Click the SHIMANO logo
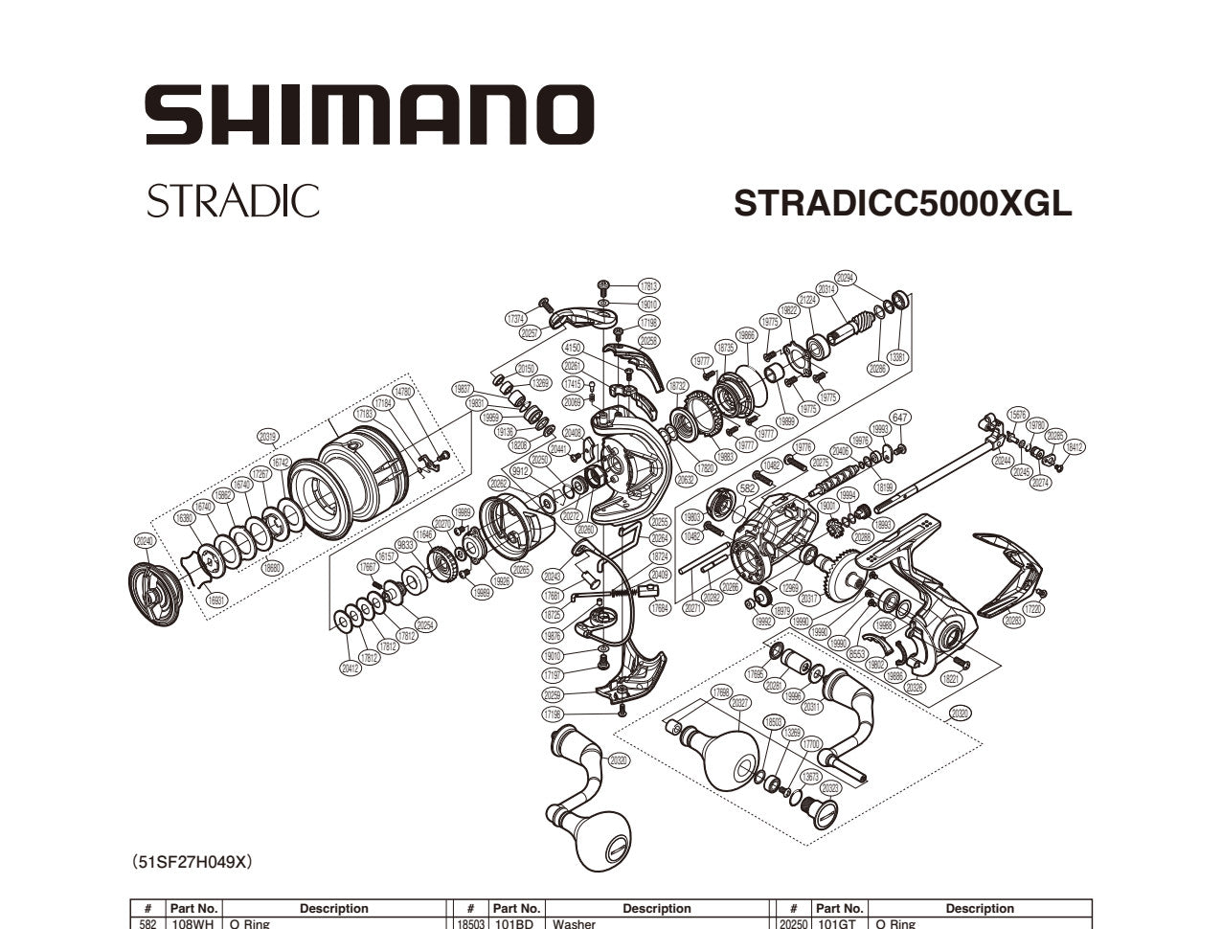pos(369,115)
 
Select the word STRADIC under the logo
pos(233,201)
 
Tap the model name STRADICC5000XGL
pos(902,203)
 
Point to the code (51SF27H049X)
pos(192,862)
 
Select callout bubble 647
pos(899,417)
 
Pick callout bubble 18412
pos(1075,446)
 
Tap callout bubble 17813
pos(648,286)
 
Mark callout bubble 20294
pos(845,278)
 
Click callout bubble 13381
pos(897,357)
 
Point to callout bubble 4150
pos(573,348)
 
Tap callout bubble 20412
pos(351,668)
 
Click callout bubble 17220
pos(1033,608)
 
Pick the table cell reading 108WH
pos(194,923)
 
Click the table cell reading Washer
pos(575,923)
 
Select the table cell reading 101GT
pos(839,923)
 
